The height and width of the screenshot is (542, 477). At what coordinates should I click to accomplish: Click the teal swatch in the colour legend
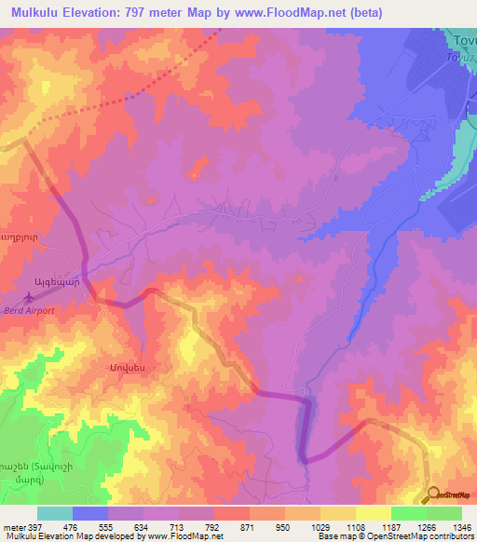[x=55, y=513]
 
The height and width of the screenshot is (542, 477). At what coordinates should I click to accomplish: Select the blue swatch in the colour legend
[x=90, y=513]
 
